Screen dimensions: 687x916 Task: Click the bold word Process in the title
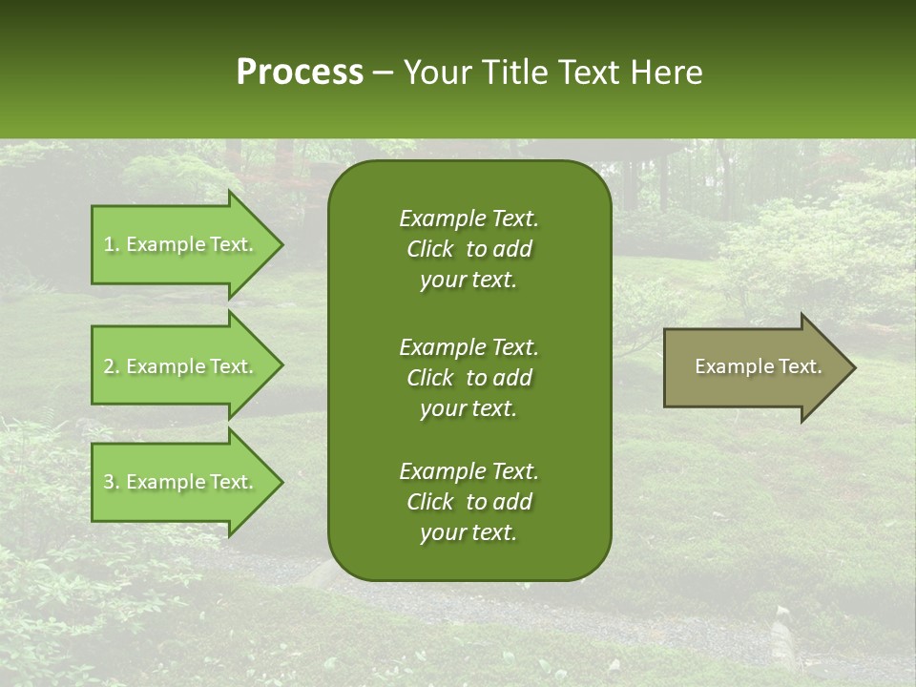coord(300,73)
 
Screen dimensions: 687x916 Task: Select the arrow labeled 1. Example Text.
coord(181,244)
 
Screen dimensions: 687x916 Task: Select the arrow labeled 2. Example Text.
coord(181,366)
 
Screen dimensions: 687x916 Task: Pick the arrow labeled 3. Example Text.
coord(181,482)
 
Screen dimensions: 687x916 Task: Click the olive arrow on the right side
coord(754,367)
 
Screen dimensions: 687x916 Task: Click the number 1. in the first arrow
coord(112,244)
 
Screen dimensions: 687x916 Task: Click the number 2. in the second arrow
coord(112,366)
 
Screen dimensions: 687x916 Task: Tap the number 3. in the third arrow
coord(112,482)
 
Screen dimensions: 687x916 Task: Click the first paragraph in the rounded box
coord(468,249)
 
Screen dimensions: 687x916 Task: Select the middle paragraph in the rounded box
coord(468,377)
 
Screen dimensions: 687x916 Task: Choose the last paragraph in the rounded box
coord(468,502)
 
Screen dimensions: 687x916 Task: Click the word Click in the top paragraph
coord(429,249)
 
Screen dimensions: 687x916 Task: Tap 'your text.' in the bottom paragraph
coord(468,533)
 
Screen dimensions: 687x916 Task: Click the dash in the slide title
coord(384,73)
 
